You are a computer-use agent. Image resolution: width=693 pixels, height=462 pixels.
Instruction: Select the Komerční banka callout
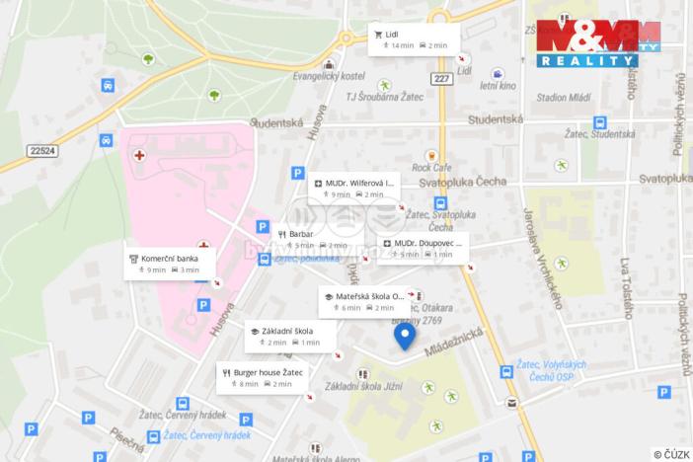click(x=164, y=264)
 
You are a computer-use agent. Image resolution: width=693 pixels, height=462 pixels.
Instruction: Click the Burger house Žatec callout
click(x=262, y=377)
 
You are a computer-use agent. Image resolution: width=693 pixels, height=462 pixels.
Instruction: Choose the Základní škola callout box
click(x=290, y=336)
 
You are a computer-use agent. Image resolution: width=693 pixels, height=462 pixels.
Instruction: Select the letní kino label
click(x=499, y=86)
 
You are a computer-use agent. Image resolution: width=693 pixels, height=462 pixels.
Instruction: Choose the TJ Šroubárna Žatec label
click(x=382, y=97)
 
